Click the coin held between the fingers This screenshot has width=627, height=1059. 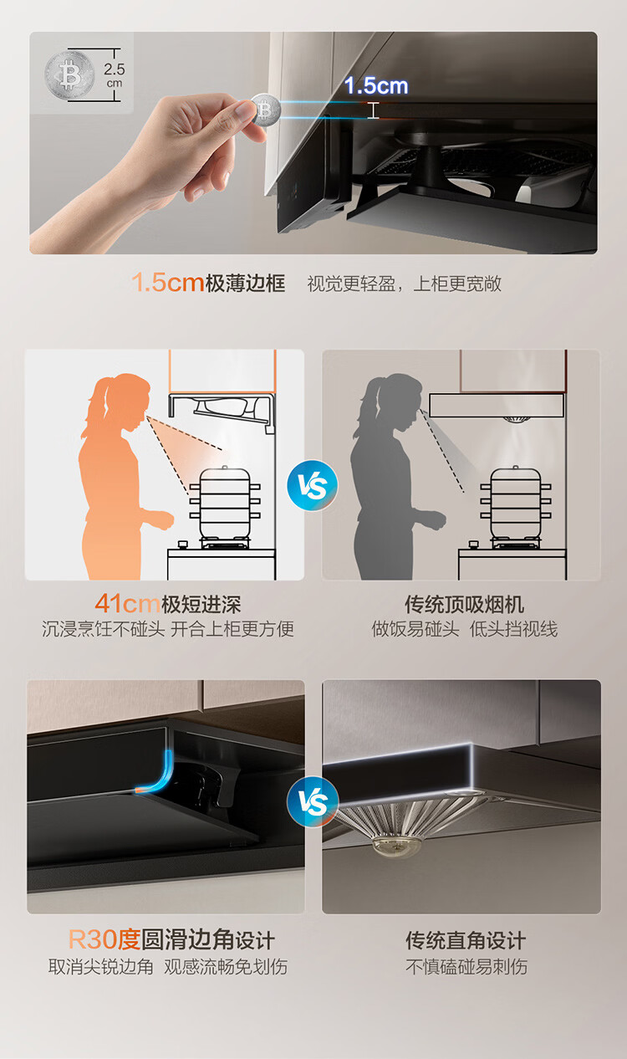tap(266, 110)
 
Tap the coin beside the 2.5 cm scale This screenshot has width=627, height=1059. tap(69, 75)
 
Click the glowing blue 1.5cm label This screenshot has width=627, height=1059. tap(376, 86)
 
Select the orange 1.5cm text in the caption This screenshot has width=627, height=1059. tap(168, 283)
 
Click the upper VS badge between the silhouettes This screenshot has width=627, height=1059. tap(313, 485)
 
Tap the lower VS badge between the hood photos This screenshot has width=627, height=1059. tap(313, 802)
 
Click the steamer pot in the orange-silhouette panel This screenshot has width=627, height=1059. tap(225, 503)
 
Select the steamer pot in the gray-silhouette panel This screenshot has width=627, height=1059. tap(516, 503)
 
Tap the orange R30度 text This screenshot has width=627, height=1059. tap(104, 939)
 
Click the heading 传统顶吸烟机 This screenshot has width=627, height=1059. tap(464, 604)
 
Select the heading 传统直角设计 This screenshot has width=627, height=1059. tap(466, 940)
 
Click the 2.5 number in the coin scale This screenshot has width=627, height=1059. tap(115, 69)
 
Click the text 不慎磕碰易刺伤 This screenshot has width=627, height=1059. tap(466, 966)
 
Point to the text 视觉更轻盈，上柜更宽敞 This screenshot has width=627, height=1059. tap(404, 284)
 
